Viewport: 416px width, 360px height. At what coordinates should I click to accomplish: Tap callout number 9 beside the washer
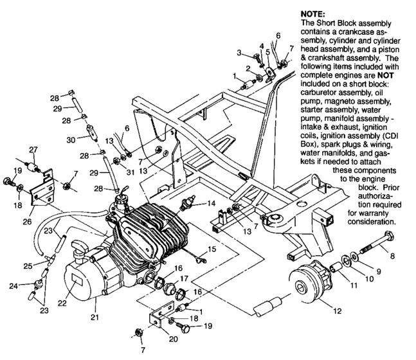point(379,271)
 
